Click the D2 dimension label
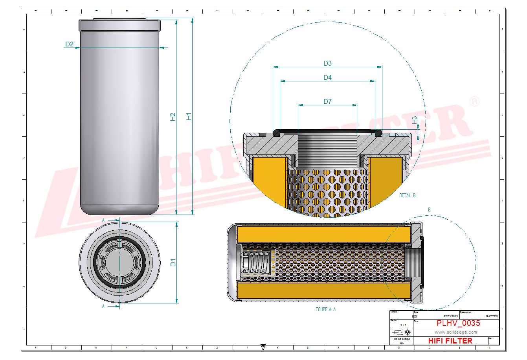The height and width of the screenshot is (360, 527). point(69,44)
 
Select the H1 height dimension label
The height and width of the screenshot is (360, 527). point(189,116)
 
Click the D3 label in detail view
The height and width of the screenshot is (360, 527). point(327,63)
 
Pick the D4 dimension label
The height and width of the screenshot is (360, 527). point(327,78)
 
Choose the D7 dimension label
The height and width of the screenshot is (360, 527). point(327,102)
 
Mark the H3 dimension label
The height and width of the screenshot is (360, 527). point(414,120)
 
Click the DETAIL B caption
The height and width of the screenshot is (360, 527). point(407,195)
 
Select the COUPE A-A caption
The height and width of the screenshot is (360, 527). point(325,309)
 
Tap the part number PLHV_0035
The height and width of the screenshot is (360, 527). point(458,323)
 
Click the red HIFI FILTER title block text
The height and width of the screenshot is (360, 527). point(450,341)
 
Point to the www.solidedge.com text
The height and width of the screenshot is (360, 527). point(456,332)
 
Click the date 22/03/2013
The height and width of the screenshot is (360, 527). point(450,316)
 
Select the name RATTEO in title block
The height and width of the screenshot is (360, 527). point(492,316)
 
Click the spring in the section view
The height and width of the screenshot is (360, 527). point(255,263)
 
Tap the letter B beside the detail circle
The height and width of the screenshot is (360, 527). point(429,210)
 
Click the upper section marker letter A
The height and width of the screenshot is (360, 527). point(103,220)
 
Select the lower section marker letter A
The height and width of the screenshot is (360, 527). point(103,306)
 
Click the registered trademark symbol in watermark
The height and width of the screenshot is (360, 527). point(474,101)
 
